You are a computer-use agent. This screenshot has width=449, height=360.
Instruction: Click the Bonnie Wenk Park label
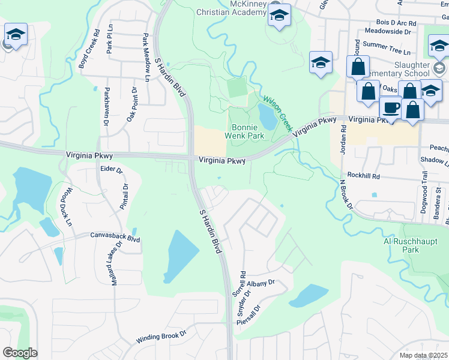(244, 132)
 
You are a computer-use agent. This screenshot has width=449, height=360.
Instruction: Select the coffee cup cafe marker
(391, 108)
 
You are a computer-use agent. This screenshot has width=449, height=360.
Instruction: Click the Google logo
(20, 353)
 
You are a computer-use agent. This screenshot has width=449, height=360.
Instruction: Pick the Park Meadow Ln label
(146, 58)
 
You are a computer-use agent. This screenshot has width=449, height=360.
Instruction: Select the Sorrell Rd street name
(243, 284)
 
